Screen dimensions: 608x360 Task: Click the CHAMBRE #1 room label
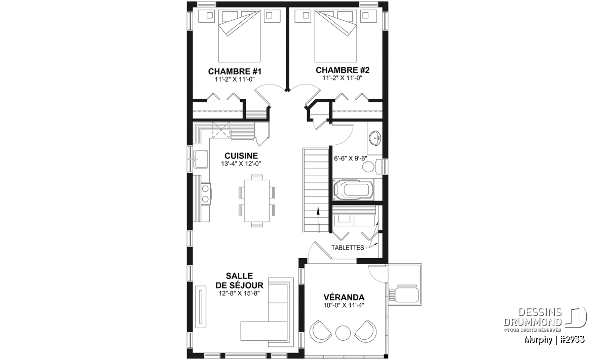[235, 71]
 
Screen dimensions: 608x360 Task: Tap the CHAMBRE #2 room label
[343, 70]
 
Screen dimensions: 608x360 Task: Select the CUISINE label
[241, 156]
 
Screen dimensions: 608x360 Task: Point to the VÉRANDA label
[344, 297]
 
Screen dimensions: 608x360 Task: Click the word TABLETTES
[348, 248]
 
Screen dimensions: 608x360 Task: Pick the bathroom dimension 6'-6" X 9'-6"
[351, 158]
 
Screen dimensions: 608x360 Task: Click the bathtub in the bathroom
[354, 190]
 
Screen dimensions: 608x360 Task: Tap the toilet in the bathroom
[373, 166]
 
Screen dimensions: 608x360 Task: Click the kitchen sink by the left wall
[201, 159]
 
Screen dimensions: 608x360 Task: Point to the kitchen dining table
[257, 201]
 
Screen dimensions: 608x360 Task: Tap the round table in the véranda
[343, 333]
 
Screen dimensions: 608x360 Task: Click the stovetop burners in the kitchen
[206, 193]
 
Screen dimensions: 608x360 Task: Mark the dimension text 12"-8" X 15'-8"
[239, 293]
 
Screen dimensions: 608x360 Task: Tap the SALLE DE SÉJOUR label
[239, 281]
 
